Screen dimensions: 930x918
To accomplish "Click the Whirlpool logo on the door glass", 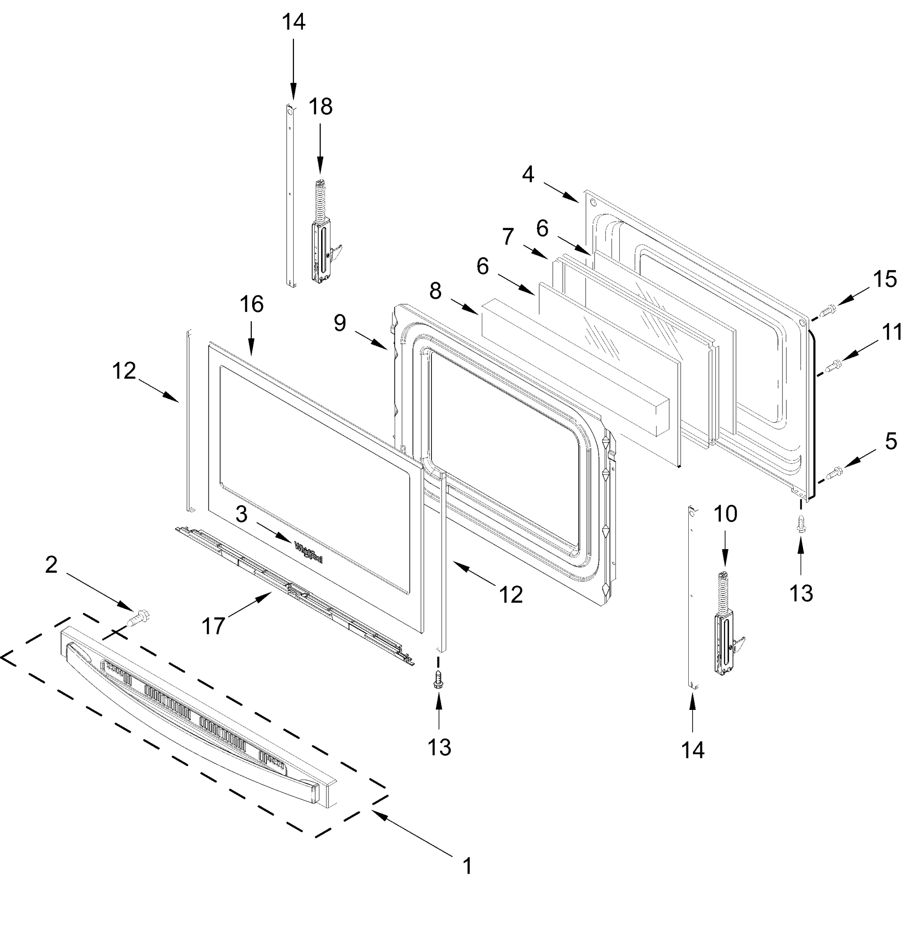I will [308, 552].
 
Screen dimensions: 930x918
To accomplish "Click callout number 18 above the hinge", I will [320, 107].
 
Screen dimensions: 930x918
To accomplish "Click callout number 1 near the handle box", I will [467, 866].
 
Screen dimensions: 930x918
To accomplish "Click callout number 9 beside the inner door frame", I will [340, 323].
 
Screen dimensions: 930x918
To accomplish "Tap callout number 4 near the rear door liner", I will [528, 174].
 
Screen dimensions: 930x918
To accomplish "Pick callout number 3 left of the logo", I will [242, 515].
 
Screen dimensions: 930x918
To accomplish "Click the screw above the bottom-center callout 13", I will [438, 679].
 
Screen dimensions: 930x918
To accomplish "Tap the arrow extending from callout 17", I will [249, 604].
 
